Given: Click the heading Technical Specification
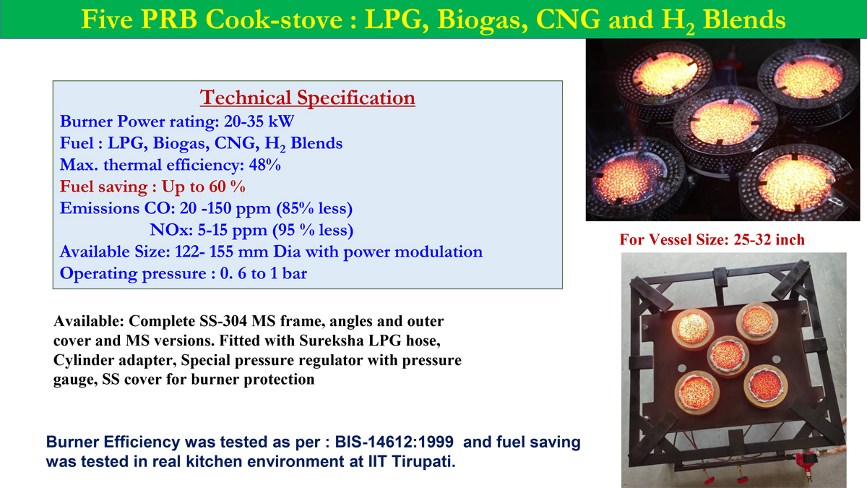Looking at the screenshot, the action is click(x=307, y=98).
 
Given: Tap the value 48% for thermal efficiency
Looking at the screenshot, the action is click(x=264, y=165).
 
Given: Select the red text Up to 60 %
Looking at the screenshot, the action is click(x=203, y=187).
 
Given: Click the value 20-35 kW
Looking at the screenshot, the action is click(x=259, y=121).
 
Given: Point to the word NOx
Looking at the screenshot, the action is click(x=171, y=230).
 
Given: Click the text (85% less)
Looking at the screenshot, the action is click(x=314, y=208).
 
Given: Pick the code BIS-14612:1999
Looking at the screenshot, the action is click(x=394, y=442).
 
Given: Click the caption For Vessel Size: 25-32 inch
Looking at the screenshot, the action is click(x=712, y=240).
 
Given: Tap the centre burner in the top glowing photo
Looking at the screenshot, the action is click(x=725, y=123).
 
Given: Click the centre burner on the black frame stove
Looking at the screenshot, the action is click(x=728, y=356).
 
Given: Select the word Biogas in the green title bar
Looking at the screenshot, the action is click(x=483, y=20).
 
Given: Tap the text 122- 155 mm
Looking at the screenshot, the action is click(x=222, y=252).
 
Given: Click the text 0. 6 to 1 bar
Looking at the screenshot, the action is click(x=264, y=273).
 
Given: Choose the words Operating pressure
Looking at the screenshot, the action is click(x=133, y=273).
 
